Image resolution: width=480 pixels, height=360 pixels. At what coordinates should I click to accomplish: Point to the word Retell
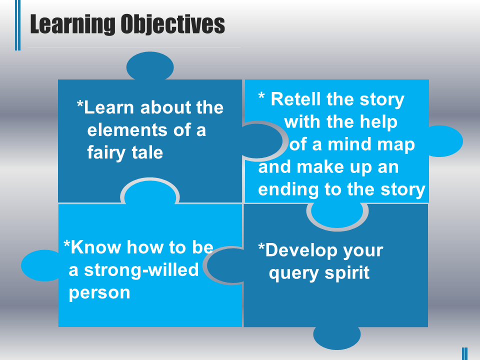pyautogui.click(x=295, y=99)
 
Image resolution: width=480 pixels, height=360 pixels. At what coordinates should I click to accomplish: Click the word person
pyautogui.click(x=99, y=292)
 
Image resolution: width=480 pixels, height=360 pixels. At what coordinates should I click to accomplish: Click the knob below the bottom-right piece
pyautogui.click(x=337, y=336)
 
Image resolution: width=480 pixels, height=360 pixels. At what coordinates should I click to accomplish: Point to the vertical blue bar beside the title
pyautogui.click(x=18, y=25)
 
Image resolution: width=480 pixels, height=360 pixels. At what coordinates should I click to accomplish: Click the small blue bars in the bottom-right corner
pyautogui.click(x=464, y=353)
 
